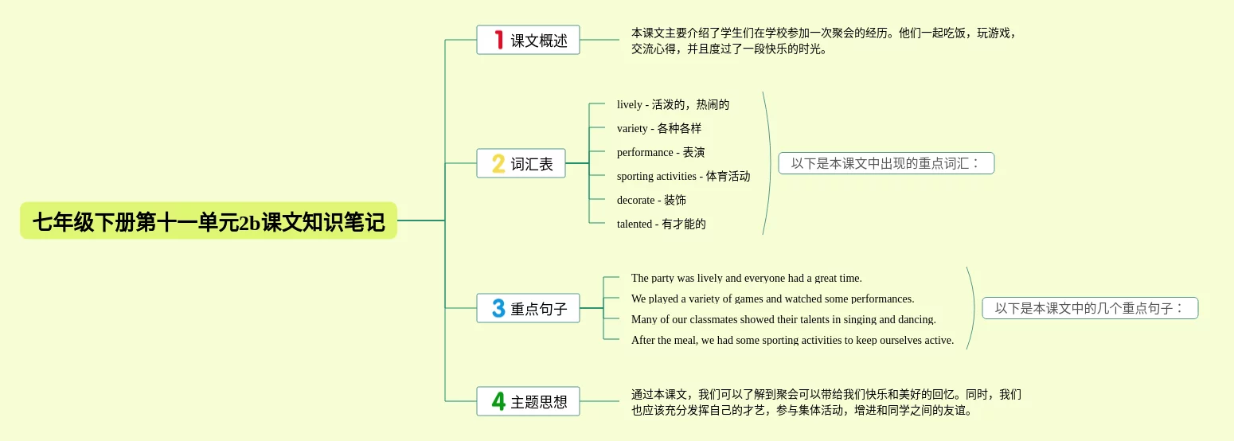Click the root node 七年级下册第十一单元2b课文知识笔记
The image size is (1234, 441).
pos(209,220)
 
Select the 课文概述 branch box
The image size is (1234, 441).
pos(528,40)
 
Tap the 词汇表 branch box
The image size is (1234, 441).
pos(521,163)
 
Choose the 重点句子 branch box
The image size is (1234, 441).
pos(528,308)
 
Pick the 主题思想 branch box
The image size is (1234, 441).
pos(528,401)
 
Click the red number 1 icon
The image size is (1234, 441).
pos(498,40)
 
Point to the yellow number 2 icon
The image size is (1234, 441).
pos(498,163)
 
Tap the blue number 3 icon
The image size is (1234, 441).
pos(498,308)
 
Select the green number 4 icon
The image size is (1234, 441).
pos(498,401)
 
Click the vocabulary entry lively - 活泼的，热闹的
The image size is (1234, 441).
pos(673,104)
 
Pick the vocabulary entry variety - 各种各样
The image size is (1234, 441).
pos(659,128)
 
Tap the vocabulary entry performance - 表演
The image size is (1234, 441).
pos(661,152)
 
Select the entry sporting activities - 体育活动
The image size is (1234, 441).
pos(683,176)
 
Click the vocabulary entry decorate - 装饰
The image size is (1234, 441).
pos(651,200)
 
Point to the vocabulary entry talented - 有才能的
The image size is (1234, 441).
pos(661,224)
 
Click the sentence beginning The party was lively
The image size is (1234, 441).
pos(746,278)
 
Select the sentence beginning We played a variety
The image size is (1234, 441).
pos(772,299)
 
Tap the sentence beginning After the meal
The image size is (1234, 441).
pos(792,340)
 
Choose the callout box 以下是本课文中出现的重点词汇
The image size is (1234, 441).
pos(886,163)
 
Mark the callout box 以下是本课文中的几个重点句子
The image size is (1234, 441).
pos(1090,308)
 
